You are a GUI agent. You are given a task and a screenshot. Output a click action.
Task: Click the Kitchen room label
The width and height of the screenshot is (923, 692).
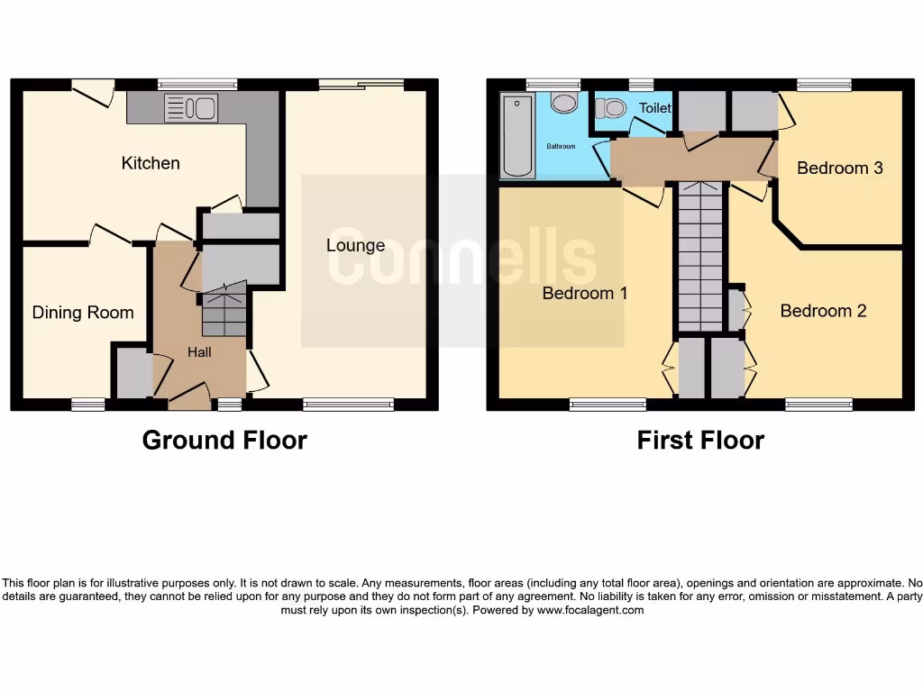pos(151,163)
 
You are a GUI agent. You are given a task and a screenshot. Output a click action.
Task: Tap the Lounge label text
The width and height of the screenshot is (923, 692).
pos(355,245)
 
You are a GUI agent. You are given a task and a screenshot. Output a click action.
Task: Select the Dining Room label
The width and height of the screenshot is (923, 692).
pos(83,313)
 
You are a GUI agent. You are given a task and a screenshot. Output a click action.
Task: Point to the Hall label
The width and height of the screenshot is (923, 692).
pos(199,352)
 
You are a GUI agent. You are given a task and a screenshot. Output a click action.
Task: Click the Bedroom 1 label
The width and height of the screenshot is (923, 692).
pos(584,293)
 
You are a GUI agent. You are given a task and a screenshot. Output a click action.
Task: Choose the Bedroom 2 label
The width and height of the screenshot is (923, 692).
pos(823,311)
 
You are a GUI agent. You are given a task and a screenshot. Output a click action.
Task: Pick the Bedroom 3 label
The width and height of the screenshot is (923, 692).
pos(839,168)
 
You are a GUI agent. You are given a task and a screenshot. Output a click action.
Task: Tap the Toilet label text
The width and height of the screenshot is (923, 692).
pos(655,108)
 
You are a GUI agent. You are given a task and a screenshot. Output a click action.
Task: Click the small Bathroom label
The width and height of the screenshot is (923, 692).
pos(560,146)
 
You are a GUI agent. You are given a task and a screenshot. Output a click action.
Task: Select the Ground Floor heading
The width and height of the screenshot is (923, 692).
pos(224,440)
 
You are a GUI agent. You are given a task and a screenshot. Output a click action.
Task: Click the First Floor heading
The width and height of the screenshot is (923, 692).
pos(700,440)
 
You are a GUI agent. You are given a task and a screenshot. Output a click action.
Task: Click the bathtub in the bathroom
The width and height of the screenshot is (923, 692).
pos(517,136)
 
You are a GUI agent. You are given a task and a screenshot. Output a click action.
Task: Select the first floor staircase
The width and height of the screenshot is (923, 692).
pos(699,257)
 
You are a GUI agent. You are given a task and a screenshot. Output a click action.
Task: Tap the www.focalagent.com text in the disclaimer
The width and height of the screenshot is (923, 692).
pos(590,610)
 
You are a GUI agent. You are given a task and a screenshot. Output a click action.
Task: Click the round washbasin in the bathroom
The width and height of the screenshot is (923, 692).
pos(564,102)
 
